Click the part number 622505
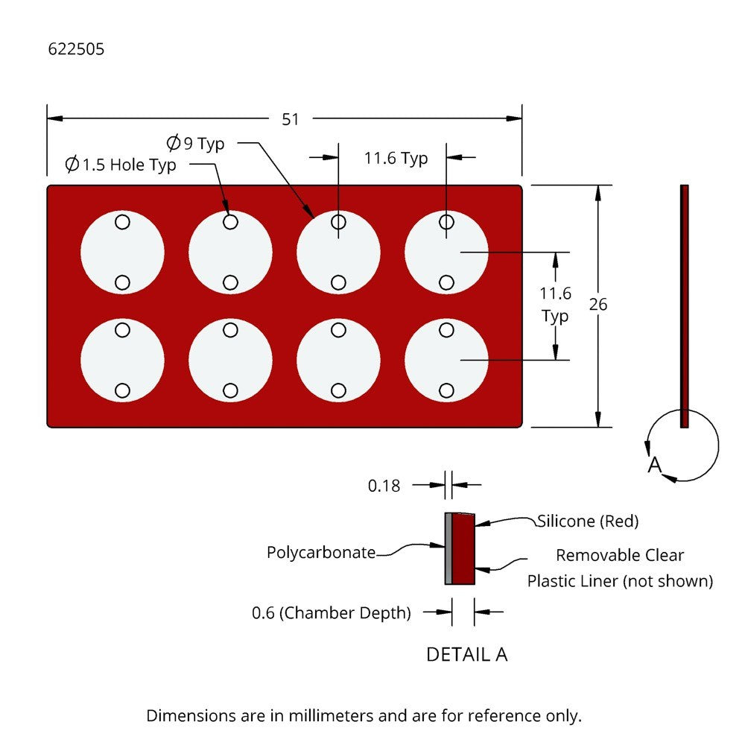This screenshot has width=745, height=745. (x=76, y=50)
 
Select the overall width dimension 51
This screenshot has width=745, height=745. (x=291, y=119)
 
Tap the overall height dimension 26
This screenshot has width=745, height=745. (x=597, y=305)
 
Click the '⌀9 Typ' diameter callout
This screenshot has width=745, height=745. (x=197, y=143)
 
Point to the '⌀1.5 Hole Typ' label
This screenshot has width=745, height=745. (x=121, y=165)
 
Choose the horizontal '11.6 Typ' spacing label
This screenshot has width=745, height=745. (x=396, y=158)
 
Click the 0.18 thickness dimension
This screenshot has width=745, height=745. (x=384, y=486)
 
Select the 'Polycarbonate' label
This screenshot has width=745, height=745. (x=321, y=553)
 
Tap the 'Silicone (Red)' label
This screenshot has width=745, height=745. (x=588, y=521)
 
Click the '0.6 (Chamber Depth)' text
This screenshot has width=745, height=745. (x=332, y=613)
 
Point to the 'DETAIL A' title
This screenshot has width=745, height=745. (x=466, y=655)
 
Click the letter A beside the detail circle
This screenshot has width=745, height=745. (x=654, y=465)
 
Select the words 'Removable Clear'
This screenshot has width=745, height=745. (x=620, y=555)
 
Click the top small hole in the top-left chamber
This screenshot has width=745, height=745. (x=122, y=222)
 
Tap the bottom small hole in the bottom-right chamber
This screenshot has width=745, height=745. (x=446, y=390)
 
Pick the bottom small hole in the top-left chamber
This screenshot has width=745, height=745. (x=122, y=282)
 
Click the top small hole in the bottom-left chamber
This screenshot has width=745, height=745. (x=122, y=329)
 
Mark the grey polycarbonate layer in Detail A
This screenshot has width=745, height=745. (x=448, y=549)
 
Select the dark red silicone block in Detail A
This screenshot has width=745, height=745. (x=463, y=549)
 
